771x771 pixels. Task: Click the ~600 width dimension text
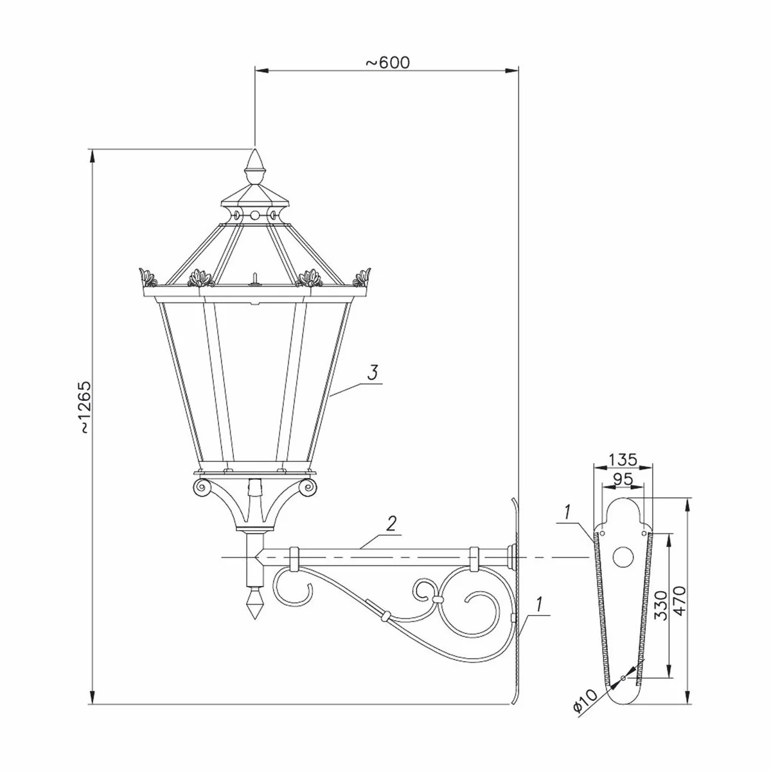pos(387,62)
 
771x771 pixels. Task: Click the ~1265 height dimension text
pos(85,409)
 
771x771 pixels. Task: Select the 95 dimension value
pos(622,479)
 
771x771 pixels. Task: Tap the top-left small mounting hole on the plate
pos(601,533)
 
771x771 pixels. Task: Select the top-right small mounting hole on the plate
pos(644,533)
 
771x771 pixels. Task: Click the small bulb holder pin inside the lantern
pos(255,278)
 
